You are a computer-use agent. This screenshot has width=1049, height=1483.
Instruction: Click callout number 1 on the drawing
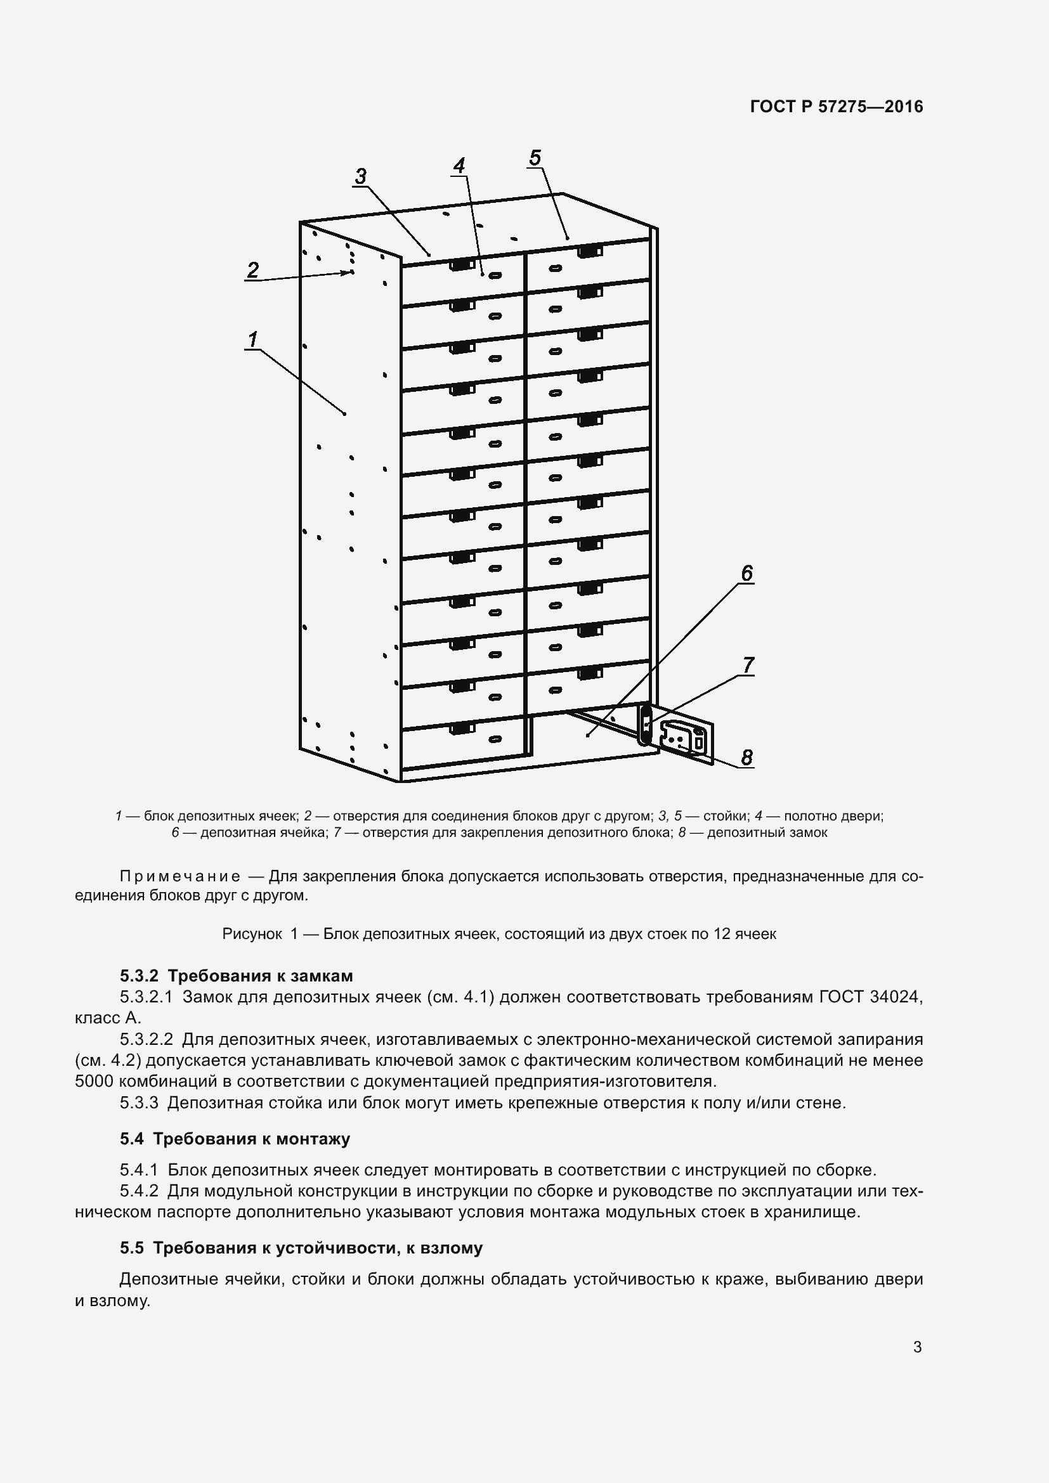coord(253,339)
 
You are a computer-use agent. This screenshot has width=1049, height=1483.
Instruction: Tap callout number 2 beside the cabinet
coord(253,269)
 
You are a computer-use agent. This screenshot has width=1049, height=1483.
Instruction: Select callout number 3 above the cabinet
coord(360,176)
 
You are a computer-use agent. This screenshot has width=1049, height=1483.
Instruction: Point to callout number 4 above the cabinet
coord(459,165)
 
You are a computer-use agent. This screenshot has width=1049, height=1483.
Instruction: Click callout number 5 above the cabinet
coord(535,157)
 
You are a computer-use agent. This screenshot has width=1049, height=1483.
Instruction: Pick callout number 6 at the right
coord(746,573)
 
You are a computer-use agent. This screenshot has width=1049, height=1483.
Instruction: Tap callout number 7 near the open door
coord(748,664)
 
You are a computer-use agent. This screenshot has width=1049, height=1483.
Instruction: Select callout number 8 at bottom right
coord(746,756)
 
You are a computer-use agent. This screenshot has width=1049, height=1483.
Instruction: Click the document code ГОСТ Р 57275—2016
coord(837,107)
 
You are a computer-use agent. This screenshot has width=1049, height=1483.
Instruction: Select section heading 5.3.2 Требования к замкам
coord(236,975)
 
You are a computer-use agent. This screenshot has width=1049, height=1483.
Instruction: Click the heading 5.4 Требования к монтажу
coord(235,1139)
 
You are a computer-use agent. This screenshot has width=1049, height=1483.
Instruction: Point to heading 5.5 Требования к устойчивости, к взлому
coord(301,1248)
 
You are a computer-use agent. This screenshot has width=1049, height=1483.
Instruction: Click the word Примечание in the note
coord(180,876)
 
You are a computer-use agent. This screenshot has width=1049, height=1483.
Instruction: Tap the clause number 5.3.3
coord(139,1103)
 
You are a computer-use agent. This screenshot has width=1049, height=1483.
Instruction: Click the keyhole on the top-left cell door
coord(495,275)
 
